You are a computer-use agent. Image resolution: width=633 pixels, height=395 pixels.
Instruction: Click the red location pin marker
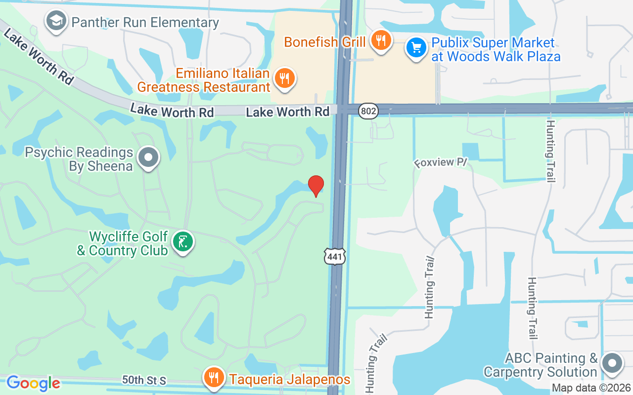tap(316, 186)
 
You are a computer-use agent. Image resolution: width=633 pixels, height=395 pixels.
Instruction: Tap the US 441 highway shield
tap(335, 256)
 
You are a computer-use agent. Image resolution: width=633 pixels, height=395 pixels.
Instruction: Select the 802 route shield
tap(368, 112)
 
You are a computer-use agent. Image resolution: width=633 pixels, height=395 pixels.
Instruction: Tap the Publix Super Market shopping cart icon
tap(416, 48)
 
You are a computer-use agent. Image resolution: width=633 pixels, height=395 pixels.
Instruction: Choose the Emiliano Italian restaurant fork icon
tap(284, 79)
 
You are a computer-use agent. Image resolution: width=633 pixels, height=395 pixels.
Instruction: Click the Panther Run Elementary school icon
tap(56, 21)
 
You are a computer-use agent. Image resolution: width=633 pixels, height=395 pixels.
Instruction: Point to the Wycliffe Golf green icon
tap(183, 242)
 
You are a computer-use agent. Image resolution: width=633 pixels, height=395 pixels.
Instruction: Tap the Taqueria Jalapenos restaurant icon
tap(214, 378)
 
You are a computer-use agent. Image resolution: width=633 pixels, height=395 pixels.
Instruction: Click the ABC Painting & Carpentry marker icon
tap(612, 363)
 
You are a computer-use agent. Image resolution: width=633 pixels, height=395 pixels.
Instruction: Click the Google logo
tap(33, 383)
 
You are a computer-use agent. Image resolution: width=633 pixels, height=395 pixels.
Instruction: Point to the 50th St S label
tap(144, 381)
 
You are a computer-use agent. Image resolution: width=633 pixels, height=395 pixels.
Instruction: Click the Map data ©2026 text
tap(591, 388)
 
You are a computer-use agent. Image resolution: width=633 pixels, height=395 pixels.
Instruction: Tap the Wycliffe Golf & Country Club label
tap(123, 244)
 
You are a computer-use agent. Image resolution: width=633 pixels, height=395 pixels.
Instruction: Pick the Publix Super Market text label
tap(496, 49)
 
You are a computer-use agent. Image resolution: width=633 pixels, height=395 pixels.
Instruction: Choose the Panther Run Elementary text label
tap(145, 23)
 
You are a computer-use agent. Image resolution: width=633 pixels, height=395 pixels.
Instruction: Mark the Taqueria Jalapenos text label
tap(289, 380)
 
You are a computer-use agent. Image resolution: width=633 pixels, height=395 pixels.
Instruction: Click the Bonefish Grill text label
tap(325, 42)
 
